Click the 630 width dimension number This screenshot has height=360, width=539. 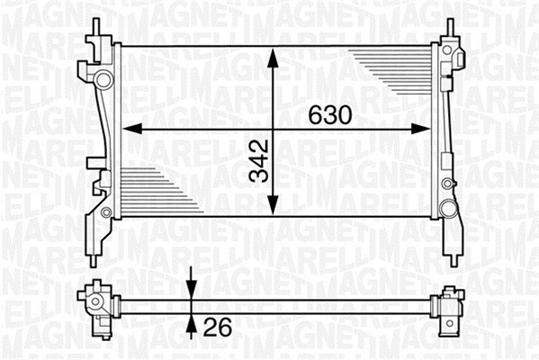click(330, 115)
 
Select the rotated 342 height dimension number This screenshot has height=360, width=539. click(259, 160)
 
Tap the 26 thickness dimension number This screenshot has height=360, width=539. click(218, 327)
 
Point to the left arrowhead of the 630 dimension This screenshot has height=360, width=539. click(132, 129)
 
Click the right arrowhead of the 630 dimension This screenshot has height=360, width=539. click(420, 129)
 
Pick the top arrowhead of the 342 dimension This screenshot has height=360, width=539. click(273, 58)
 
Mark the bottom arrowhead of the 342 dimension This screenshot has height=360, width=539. click(273, 204)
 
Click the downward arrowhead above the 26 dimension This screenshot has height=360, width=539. click(191, 290)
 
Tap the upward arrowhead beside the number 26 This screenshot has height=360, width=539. click(191, 323)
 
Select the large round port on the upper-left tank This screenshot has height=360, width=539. click(103, 80)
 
